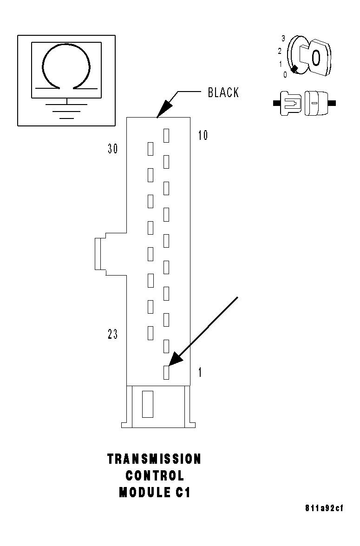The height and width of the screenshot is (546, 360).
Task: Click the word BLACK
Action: pos(223,92)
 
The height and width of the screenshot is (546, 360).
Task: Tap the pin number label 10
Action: pos(203,136)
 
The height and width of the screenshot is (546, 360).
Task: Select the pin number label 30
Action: pos(112,149)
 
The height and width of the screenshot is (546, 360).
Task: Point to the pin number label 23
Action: pos(112,335)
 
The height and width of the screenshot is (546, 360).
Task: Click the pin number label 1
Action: pos(200,373)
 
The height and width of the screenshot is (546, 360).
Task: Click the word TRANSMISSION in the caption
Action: pos(154,459)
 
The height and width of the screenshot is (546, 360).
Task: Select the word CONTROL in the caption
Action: pos(155,476)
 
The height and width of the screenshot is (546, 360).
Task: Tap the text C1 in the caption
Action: pos(183,493)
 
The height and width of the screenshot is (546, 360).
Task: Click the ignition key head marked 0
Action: pos(316,58)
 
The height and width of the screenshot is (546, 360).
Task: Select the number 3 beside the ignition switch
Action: pos(283,38)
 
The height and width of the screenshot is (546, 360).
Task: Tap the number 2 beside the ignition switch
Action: pos(280,51)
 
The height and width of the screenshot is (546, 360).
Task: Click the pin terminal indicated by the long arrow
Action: pos(166,372)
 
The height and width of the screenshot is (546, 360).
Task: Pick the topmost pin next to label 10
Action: pos(166,135)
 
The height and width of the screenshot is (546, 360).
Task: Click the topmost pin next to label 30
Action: pos(150,149)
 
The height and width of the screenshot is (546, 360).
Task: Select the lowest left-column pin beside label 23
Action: pos(150,332)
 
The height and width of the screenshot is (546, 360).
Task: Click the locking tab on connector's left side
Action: pos(98,254)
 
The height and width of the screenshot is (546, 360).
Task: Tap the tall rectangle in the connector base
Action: pos(147,404)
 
